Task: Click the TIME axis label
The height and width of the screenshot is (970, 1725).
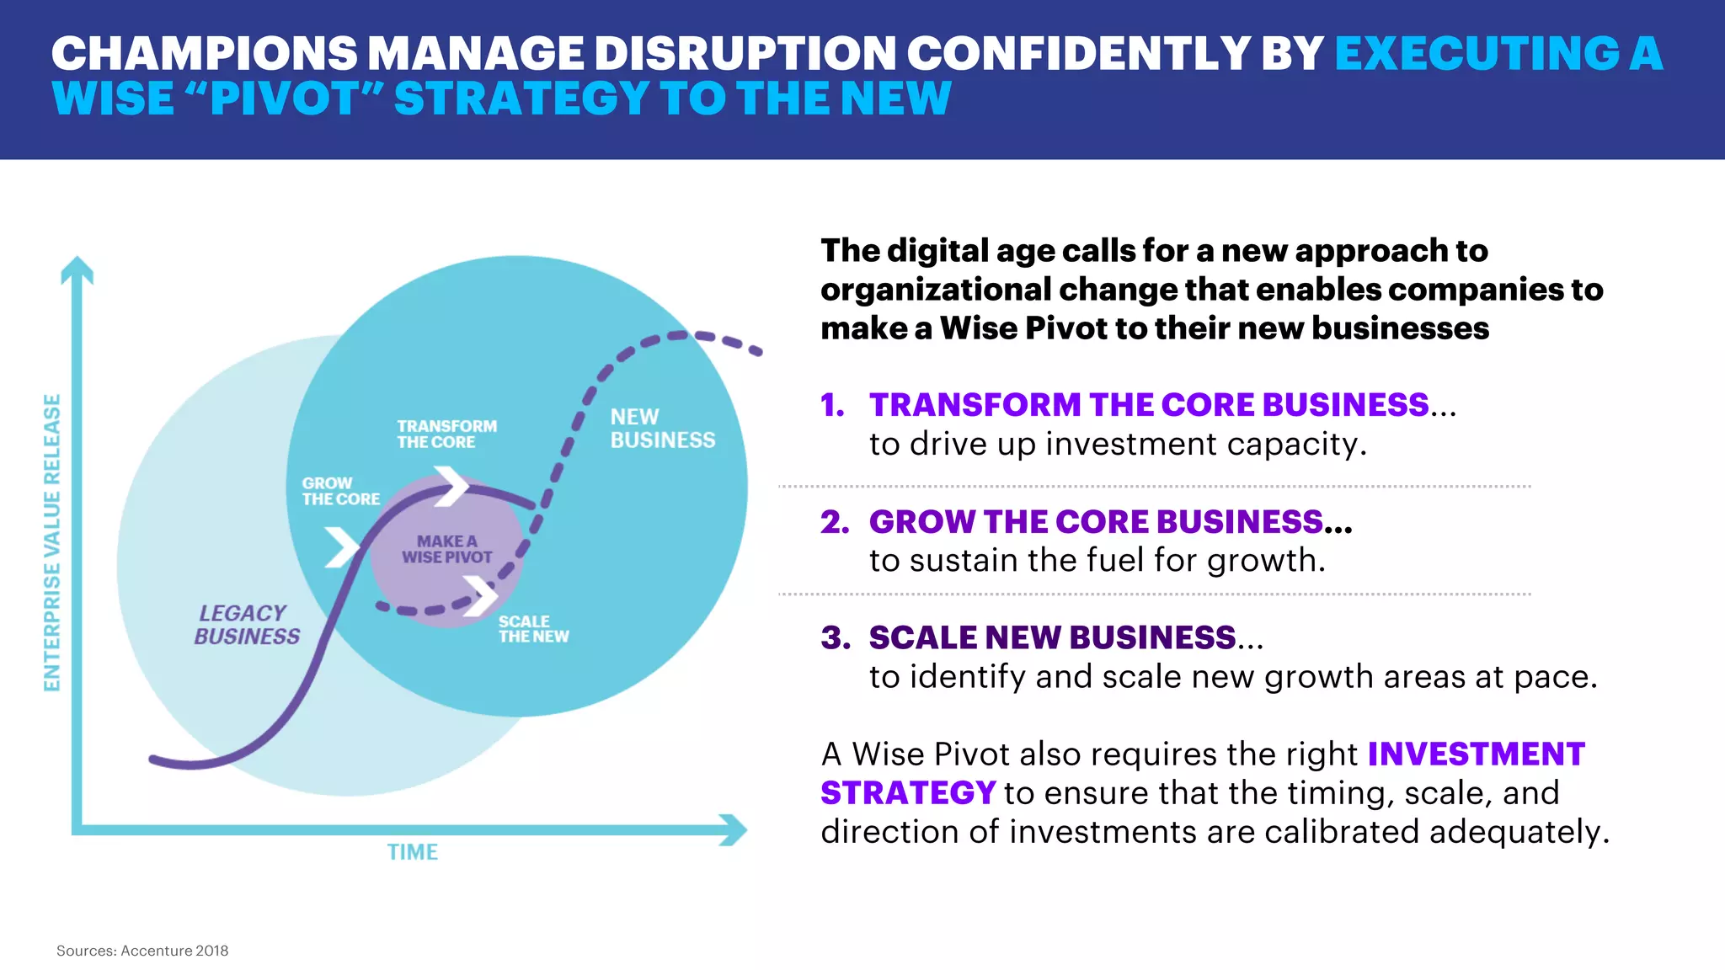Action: (412, 852)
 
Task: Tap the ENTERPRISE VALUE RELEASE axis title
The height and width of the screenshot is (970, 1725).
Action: (52, 543)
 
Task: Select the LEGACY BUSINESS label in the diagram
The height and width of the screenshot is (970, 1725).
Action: (246, 625)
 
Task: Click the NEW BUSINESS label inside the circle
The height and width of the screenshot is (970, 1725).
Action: (662, 429)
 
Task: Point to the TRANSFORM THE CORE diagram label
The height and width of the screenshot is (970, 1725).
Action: (446, 434)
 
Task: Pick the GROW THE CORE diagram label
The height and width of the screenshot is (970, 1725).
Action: (340, 491)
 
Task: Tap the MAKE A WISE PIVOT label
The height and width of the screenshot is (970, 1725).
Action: (446, 549)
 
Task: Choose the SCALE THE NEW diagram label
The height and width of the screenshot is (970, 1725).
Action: (533, 629)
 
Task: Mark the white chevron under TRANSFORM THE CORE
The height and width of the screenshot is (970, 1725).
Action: (452, 486)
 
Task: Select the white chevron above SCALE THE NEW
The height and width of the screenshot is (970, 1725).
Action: (481, 595)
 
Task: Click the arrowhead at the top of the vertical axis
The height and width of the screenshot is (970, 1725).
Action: (77, 269)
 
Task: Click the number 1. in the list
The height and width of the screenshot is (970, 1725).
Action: (832, 406)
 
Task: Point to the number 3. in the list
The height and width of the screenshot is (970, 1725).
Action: (836, 638)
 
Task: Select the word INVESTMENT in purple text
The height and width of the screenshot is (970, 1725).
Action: (1476, 754)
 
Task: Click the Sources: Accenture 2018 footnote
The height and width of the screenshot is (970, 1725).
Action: (142, 951)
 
